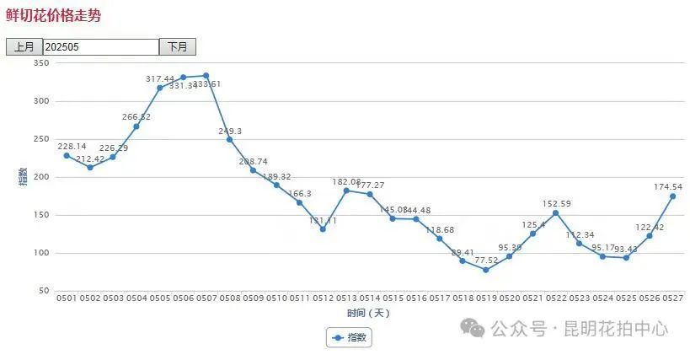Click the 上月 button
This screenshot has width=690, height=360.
pyautogui.click(x=24, y=47)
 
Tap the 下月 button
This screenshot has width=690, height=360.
pyautogui.click(x=177, y=47)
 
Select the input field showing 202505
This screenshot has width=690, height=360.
pyautogui.click(x=100, y=47)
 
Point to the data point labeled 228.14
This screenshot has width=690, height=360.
pyautogui.click(x=67, y=156)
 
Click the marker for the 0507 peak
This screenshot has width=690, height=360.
pyautogui.click(x=206, y=76)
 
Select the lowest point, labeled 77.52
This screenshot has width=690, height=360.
pyautogui.click(x=486, y=270)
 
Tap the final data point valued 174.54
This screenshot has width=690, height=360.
pyautogui.click(x=672, y=196)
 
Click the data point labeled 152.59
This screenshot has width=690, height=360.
pyautogui.click(x=556, y=212)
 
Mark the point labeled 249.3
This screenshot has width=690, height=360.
pyautogui.click(x=230, y=139)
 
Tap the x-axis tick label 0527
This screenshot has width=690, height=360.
pyautogui.click(x=672, y=298)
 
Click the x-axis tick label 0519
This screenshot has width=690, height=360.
pyautogui.click(x=486, y=298)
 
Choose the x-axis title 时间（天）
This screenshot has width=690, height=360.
pyautogui.click(x=368, y=313)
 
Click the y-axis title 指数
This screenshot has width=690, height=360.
pyautogui.click(x=23, y=177)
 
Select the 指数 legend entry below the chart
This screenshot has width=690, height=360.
pyautogui.click(x=349, y=337)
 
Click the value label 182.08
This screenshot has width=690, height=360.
pyautogui.click(x=346, y=182)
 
